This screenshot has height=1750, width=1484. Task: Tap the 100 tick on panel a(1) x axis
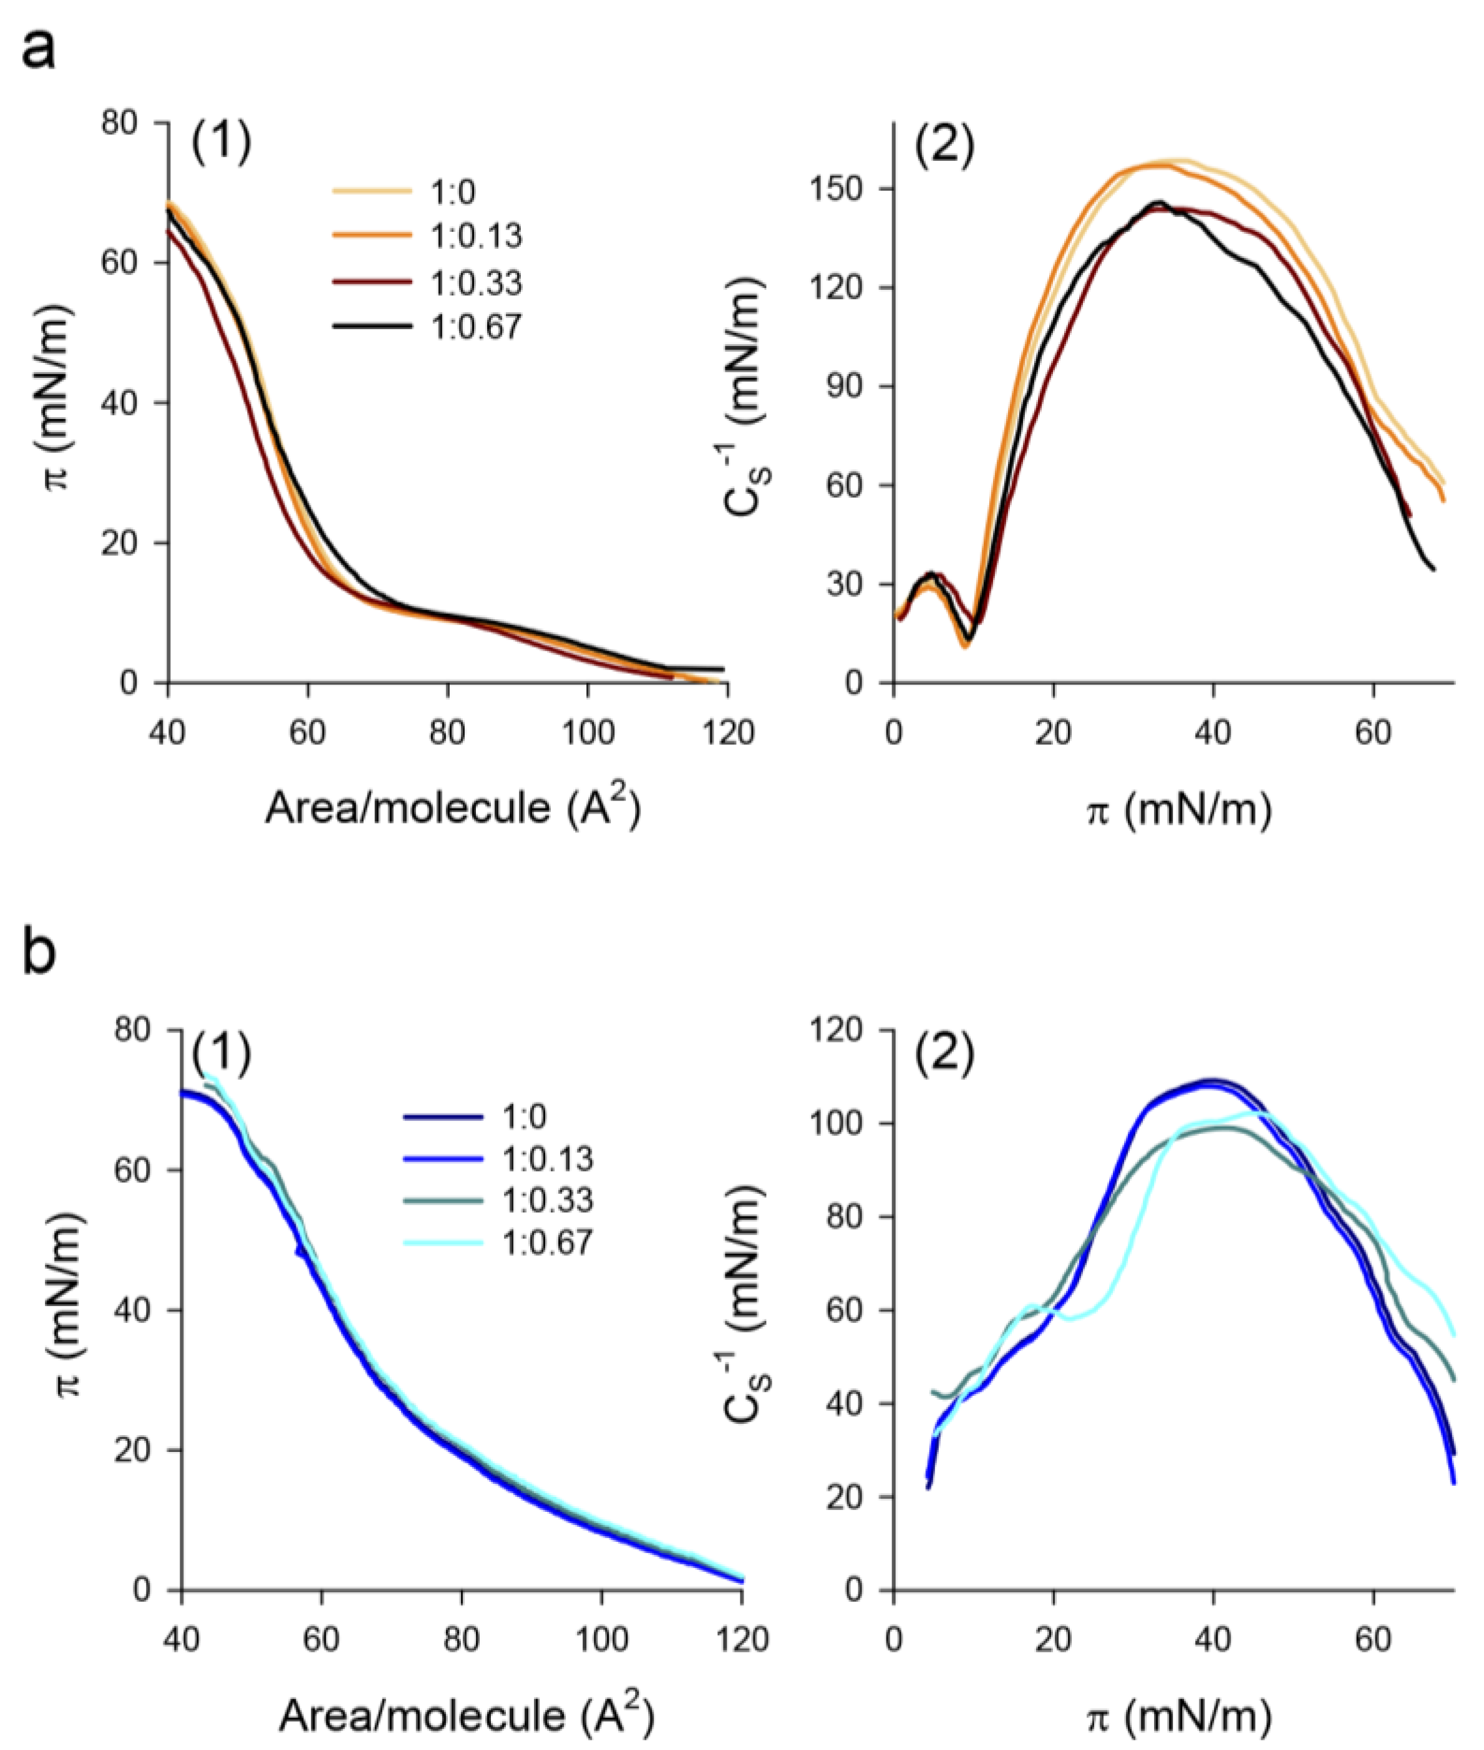(586, 733)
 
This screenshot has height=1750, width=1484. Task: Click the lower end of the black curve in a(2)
(1433, 569)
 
